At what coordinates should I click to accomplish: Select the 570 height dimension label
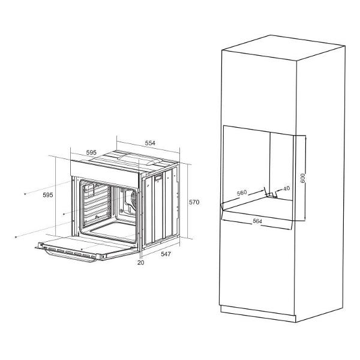193,202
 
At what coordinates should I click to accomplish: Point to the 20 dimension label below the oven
140,262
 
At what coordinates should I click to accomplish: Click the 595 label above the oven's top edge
91,153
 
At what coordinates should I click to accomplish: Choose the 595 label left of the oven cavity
48,195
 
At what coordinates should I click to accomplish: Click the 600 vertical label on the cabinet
304,178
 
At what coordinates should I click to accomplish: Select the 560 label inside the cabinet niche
242,193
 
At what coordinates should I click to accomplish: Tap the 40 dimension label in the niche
286,188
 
